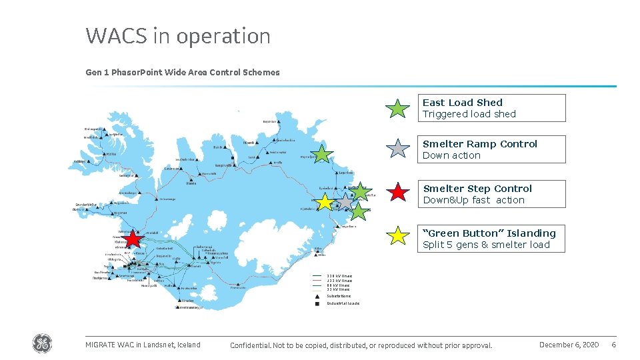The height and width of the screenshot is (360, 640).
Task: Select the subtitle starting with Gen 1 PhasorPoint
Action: [x=183, y=72]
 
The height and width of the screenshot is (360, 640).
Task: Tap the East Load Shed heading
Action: [x=463, y=103]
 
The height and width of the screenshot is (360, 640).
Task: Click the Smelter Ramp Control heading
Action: [x=480, y=144]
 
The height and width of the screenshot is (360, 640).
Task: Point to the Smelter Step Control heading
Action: [x=477, y=189]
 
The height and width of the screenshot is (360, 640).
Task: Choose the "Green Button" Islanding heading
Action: [x=489, y=233]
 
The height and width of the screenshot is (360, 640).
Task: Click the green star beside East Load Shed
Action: [x=398, y=108]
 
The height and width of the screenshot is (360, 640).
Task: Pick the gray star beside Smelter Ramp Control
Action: [x=398, y=149]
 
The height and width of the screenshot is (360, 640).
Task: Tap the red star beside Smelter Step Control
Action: [x=398, y=193]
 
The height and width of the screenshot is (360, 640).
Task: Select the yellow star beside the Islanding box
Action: [x=398, y=235]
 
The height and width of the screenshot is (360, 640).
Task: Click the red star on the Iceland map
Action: [x=133, y=239]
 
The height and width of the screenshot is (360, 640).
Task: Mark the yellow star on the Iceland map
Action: [x=325, y=202]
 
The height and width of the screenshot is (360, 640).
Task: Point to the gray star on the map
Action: [x=345, y=201]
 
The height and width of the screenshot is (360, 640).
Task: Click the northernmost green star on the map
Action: [x=323, y=154]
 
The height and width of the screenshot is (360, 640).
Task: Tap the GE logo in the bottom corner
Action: [x=42, y=344]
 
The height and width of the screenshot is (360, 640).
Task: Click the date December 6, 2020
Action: [x=569, y=345]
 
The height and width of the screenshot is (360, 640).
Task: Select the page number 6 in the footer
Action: [x=613, y=345]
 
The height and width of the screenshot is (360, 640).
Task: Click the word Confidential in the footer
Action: [x=249, y=345]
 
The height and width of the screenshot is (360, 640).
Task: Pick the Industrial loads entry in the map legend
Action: [x=343, y=303]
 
